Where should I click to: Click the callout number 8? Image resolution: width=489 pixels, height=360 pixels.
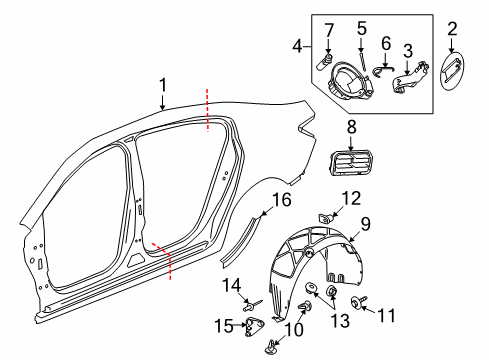coord(352,127)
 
